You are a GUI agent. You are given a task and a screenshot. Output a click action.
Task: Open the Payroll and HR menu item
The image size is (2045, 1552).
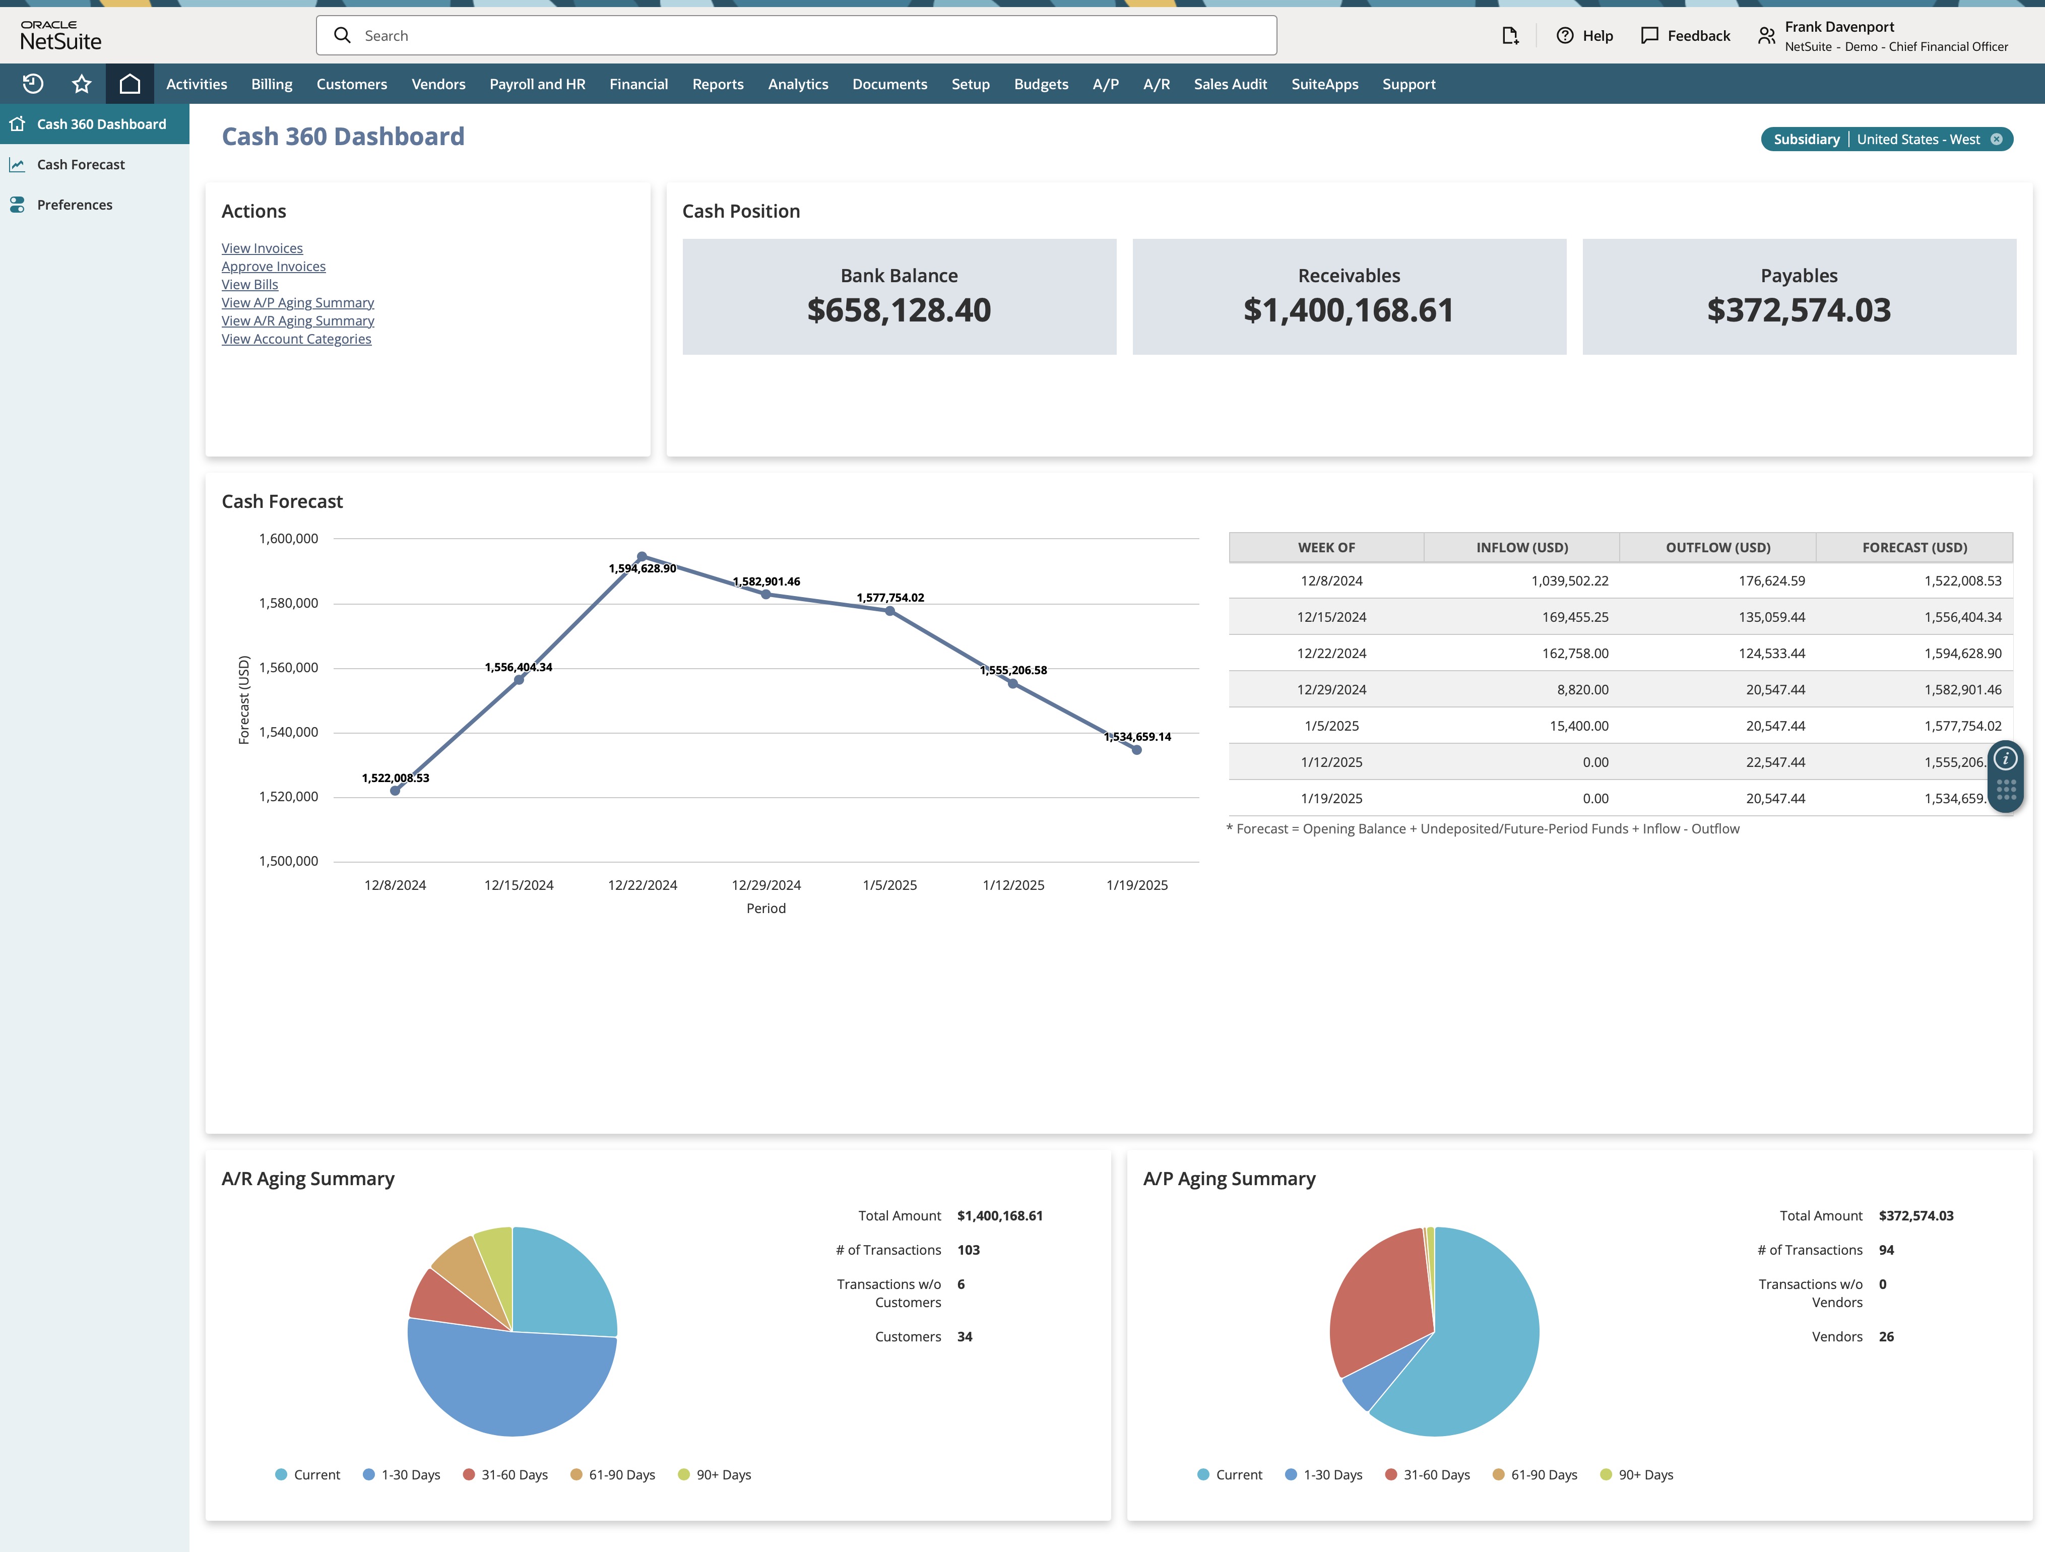pos(537,84)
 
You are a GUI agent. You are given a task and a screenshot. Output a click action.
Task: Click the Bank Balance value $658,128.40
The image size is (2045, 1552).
pos(899,310)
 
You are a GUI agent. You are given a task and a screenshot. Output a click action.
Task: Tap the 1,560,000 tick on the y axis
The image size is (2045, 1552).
pos(288,667)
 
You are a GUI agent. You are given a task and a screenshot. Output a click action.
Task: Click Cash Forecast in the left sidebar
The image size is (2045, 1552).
pos(81,165)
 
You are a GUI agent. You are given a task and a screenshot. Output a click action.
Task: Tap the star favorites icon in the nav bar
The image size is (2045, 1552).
pos(81,84)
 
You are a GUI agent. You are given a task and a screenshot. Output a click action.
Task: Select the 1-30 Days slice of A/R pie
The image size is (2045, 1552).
pos(508,1387)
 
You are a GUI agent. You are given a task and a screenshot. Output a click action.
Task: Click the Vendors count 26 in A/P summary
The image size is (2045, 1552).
pos(1886,1337)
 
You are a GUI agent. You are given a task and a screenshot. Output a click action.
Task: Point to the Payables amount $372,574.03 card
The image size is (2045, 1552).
pos(1798,310)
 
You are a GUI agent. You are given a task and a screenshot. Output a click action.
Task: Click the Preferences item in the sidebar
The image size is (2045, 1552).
pos(74,205)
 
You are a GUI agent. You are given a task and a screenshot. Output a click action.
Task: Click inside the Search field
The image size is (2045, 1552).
pos(795,35)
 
